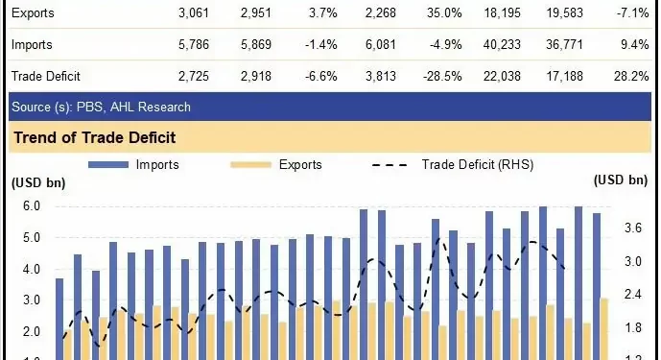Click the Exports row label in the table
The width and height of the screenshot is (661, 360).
33,13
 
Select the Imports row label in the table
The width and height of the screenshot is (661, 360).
33,44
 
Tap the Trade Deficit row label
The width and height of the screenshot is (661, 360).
46,75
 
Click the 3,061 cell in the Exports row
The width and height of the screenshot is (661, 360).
195,13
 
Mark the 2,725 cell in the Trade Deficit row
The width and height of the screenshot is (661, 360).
195,75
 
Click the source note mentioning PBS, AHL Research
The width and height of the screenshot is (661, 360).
101,107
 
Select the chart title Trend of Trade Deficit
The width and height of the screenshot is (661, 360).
94,138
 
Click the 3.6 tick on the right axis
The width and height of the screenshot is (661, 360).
632,228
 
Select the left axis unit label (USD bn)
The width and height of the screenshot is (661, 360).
38,181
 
